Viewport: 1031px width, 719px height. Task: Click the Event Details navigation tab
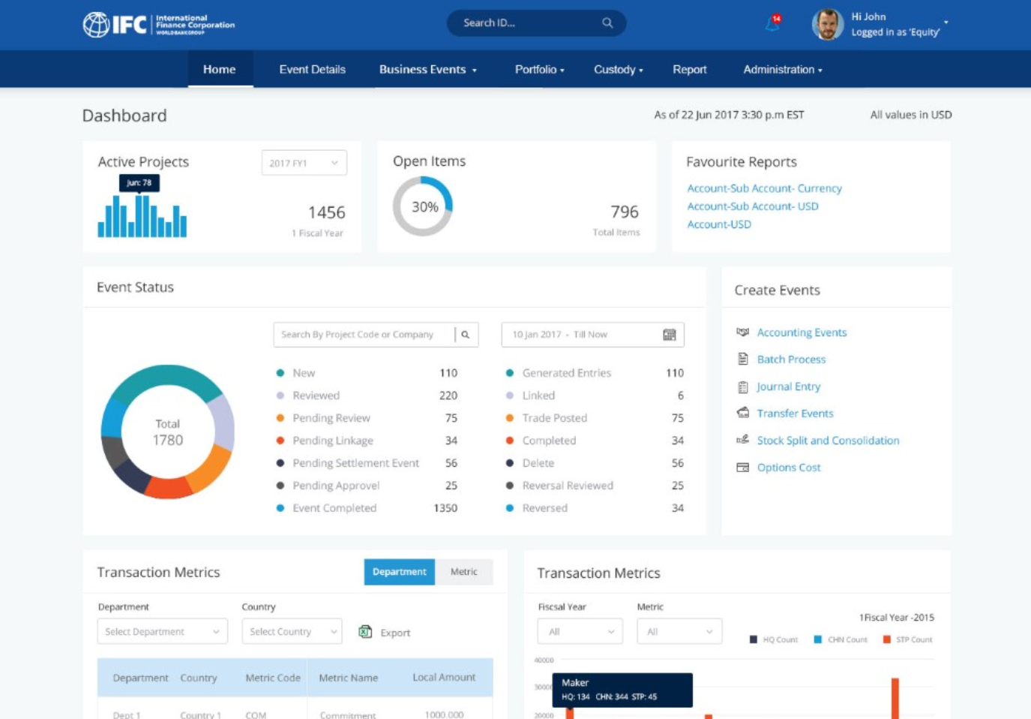point(312,69)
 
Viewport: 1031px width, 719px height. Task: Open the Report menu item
point(689,69)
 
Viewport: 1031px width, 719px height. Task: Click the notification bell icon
point(772,24)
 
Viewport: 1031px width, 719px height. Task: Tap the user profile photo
point(827,24)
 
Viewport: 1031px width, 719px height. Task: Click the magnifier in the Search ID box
point(607,23)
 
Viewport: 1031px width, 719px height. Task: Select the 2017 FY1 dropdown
point(304,163)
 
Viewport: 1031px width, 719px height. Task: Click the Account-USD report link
point(719,224)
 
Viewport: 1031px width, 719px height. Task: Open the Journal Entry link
point(788,387)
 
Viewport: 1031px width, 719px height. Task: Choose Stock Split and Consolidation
point(828,441)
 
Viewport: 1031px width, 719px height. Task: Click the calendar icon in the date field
point(670,335)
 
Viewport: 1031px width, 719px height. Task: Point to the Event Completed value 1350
point(445,508)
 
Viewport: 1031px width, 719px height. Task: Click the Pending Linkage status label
point(332,441)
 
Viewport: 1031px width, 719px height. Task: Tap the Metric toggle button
point(463,572)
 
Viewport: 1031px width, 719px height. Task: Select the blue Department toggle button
point(399,572)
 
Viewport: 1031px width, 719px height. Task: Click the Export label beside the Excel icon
point(395,633)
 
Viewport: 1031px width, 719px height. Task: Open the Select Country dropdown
point(292,632)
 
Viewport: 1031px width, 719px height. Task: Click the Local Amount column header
point(444,677)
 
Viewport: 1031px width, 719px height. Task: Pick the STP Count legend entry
point(913,639)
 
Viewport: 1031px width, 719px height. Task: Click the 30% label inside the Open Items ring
point(424,206)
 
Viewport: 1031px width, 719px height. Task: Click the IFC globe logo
point(96,24)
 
